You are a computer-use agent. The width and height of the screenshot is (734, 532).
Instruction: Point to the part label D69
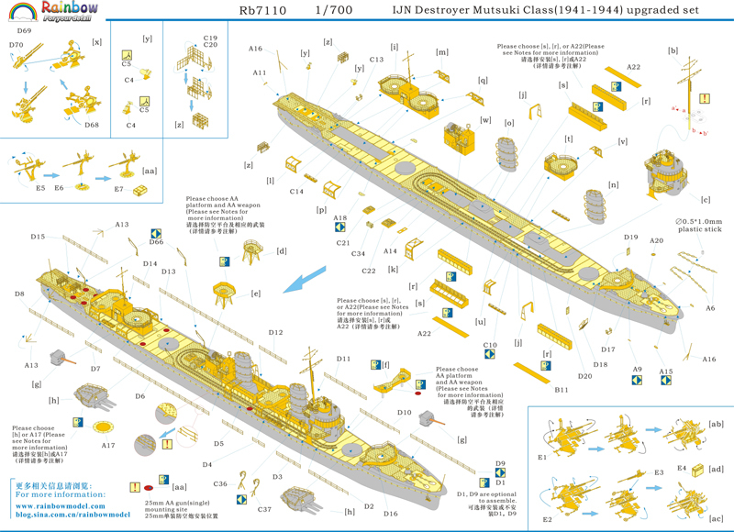tap(24, 31)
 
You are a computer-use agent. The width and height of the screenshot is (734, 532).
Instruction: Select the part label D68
tap(92, 125)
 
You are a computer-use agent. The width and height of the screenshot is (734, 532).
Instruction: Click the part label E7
tap(118, 189)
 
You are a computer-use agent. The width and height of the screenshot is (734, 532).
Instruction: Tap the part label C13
tap(376, 61)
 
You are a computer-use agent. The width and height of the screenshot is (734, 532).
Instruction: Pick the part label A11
tap(260, 73)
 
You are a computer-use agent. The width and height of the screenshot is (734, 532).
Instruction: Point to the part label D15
tap(38, 238)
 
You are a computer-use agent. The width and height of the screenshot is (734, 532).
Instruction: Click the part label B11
tap(562, 390)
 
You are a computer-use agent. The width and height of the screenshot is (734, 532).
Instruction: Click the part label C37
tap(265, 509)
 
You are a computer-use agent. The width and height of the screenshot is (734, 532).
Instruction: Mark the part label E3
tap(659, 472)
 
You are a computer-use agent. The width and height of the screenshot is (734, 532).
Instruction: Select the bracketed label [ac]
tap(716, 518)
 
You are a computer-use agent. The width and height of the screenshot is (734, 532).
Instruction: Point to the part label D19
tap(630, 238)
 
